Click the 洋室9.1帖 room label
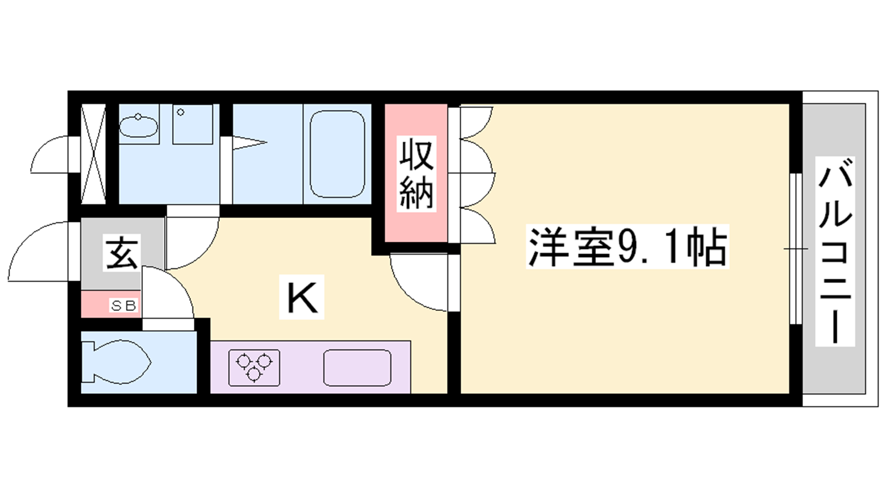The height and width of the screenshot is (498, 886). click(x=627, y=247)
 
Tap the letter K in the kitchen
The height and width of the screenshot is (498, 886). click(x=302, y=298)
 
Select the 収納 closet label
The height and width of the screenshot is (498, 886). click(x=416, y=174)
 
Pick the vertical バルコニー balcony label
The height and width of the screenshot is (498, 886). click(x=835, y=251)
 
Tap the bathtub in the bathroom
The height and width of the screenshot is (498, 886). click(x=337, y=154)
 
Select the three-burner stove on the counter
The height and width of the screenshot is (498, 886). click(x=254, y=368)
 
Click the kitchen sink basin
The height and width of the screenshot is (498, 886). click(x=357, y=367)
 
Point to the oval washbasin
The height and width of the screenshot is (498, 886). click(x=138, y=126)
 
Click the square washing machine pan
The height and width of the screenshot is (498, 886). click(x=193, y=124)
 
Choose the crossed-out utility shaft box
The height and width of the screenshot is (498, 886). click(x=94, y=154)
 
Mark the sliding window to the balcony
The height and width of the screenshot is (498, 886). click(x=796, y=248)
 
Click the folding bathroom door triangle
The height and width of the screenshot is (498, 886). click(x=250, y=143)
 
